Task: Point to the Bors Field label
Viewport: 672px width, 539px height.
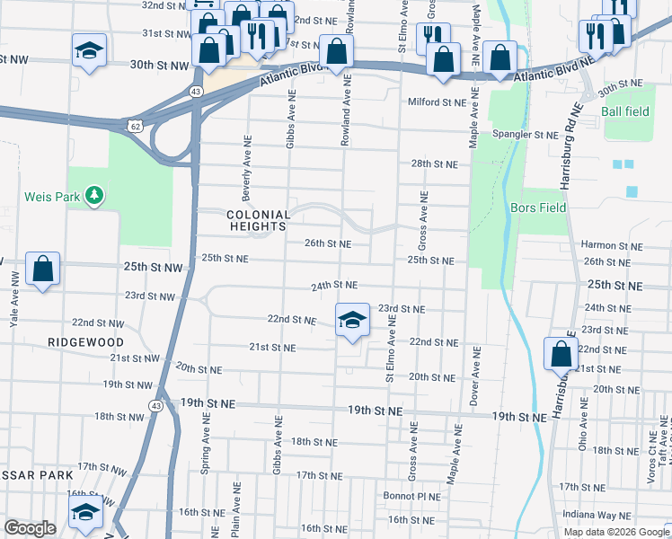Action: (x=538, y=208)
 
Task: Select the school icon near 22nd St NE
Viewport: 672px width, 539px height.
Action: (x=352, y=321)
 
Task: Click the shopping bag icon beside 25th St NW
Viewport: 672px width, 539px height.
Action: (x=42, y=269)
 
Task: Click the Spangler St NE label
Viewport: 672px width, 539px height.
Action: (x=529, y=135)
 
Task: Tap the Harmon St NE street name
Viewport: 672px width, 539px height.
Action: (x=609, y=244)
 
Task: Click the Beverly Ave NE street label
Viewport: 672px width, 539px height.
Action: (x=246, y=169)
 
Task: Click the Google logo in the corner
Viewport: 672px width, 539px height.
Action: (x=31, y=528)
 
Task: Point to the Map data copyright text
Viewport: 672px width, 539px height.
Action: (x=616, y=532)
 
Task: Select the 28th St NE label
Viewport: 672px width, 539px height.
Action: (x=434, y=164)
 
